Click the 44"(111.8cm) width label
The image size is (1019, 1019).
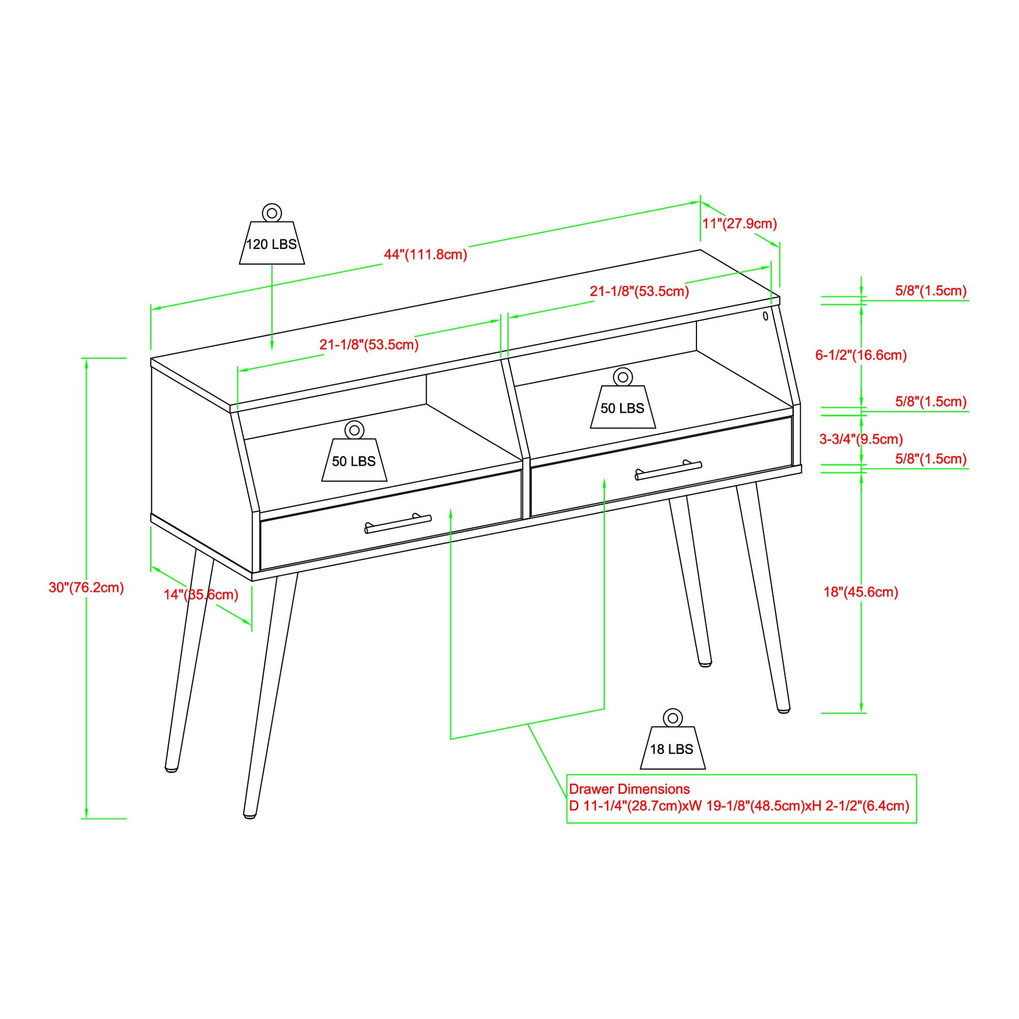[x=426, y=254]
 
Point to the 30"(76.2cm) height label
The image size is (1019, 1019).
[x=86, y=588]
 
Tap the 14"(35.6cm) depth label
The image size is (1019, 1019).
[x=201, y=595]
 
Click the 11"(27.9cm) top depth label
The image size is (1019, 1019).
[x=739, y=224]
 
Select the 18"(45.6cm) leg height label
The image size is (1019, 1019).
[x=861, y=592]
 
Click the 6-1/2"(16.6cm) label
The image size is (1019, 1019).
[x=861, y=355]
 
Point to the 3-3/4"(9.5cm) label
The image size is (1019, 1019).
[x=861, y=439]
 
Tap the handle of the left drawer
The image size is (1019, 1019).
[x=397, y=524]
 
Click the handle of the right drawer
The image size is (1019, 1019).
[x=668, y=470]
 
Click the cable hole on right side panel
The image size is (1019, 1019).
[x=765, y=316]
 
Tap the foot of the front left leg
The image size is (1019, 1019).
[x=250, y=815]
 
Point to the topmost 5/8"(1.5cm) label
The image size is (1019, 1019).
[x=931, y=291]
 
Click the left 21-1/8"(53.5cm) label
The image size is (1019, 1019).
[x=369, y=345]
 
